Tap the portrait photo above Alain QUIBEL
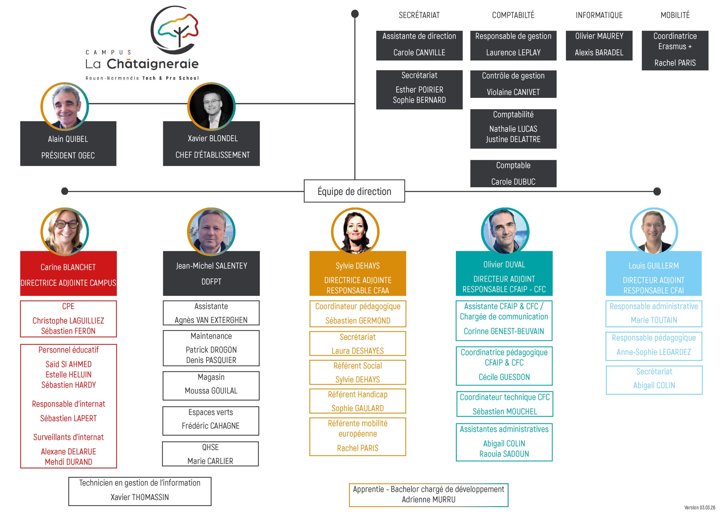(65, 106)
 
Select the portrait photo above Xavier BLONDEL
(211, 106)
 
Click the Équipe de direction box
(354, 191)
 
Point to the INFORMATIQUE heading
(599, 15)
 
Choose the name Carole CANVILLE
(419, 53)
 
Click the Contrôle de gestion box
(513, 84)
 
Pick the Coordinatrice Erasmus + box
(675, 50)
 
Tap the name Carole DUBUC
(513, 182)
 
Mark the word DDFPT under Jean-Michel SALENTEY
(211, 282)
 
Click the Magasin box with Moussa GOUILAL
(211, 386)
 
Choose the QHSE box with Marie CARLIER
(210, 454)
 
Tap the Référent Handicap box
(357, 401)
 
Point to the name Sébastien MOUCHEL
(505, 411)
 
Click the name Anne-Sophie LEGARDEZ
(654, 352)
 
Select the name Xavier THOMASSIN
(140, 497)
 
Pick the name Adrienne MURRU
(428, 499)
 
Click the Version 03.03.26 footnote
(699, 507)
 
